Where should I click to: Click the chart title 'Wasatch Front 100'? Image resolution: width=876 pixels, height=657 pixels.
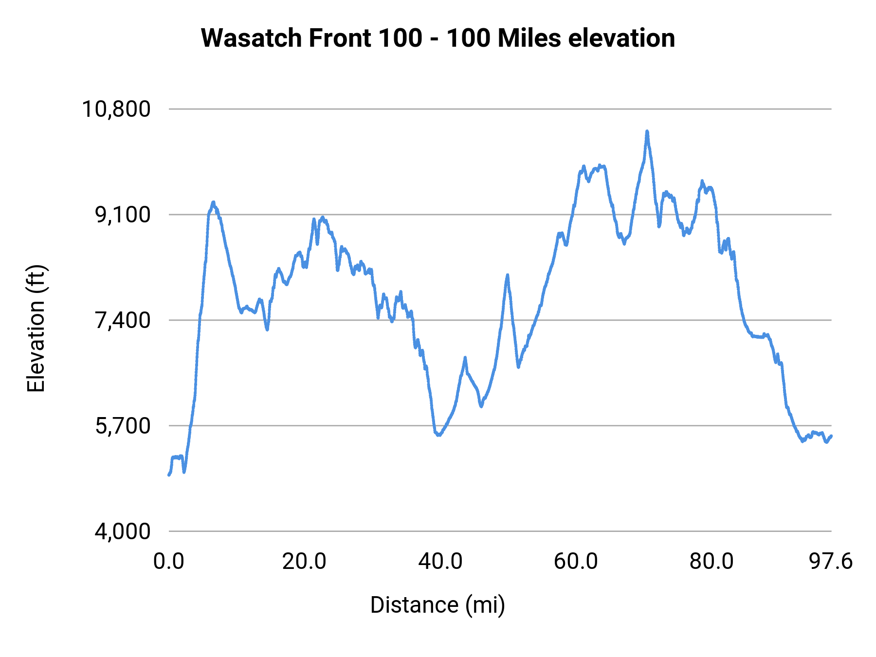click(438, 38)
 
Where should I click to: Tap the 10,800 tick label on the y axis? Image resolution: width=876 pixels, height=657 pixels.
click(116, 109)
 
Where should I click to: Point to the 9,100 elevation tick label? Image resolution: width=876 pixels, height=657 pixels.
click(123, 215)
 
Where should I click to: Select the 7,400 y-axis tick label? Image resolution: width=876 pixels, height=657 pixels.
click(123, 320)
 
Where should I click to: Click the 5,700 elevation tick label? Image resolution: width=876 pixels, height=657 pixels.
click(123, 426)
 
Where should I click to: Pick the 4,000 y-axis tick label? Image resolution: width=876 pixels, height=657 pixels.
click(123, 531)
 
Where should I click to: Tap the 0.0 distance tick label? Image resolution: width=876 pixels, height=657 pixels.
click(169, 562)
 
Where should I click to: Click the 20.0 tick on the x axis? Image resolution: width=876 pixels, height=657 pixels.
click(304, 562)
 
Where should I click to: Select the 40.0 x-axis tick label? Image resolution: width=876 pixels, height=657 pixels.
click(440, 562)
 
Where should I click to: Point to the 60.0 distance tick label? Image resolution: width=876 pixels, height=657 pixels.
click(576, 562)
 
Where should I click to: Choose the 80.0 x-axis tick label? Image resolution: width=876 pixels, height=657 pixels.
click(712, 562)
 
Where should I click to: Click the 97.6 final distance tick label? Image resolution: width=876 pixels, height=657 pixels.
click(831, 562)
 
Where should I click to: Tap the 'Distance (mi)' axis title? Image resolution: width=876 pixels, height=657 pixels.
click(438, 605)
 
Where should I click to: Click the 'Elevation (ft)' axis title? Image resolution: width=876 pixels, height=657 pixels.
click(36, 328)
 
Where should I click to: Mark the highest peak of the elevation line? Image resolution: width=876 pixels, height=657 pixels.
click(647, 131)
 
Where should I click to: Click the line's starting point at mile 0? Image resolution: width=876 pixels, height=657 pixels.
click(169, 474)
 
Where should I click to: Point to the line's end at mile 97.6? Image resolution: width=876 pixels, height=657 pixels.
click(831, 436)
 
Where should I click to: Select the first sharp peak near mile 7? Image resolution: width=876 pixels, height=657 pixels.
click(213, 202)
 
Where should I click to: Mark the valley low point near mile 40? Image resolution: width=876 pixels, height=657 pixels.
click(438, 435)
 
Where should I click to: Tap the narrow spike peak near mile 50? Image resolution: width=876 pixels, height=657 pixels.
click(507, 275)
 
